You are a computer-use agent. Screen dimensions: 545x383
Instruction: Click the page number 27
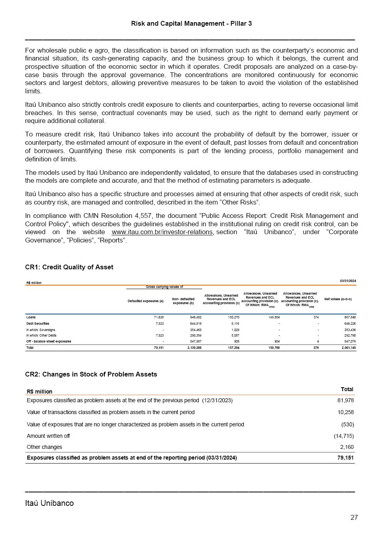point(354,517)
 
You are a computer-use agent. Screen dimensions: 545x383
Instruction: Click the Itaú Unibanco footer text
point(49,503)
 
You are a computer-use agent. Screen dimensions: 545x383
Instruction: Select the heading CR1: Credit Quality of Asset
point(69,267)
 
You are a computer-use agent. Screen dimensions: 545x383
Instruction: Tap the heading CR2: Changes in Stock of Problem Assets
point(91,374)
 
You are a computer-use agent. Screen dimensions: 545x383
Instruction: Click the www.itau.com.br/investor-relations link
point(162,232)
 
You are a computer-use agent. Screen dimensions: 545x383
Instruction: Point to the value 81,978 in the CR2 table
point(345,400)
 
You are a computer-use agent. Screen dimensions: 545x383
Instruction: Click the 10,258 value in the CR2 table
point(345,412)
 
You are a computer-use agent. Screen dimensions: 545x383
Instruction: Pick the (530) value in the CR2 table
point(347,424)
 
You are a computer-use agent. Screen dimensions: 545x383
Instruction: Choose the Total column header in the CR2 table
point(347,389)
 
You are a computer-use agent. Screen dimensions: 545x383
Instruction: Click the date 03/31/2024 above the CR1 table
point(348,281)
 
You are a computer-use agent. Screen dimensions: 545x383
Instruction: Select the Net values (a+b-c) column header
point(337,299)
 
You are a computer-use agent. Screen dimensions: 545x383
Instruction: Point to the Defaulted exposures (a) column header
point(146,301)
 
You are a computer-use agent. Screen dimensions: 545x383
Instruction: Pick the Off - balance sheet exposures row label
point(49,341)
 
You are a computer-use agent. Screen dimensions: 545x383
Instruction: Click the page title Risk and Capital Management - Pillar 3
point(191,24)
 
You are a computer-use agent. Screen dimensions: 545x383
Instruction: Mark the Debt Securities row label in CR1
point(38,324)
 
